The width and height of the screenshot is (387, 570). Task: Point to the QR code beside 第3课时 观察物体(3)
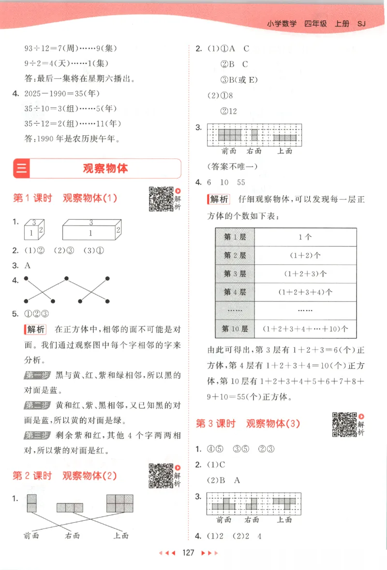point(344,424)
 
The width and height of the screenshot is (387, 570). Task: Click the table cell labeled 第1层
point(235,237)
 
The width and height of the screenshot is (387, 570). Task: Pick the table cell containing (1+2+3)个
point(305,274)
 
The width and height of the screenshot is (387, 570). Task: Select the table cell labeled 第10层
point(235,328)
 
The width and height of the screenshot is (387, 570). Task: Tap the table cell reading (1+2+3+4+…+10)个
point(305,328)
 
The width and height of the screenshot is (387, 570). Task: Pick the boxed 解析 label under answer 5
point(35,330)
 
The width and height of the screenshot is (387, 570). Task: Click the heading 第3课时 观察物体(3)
point(248,424)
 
